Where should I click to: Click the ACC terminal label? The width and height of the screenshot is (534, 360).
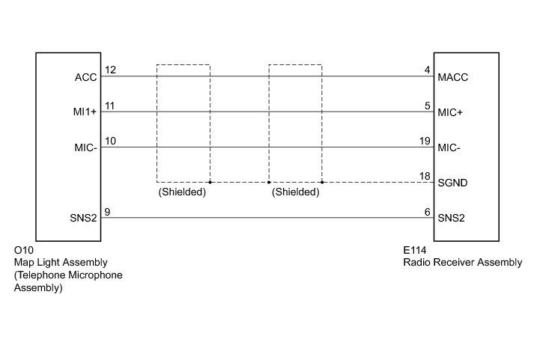85,77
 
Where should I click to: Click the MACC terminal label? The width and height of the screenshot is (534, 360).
454,77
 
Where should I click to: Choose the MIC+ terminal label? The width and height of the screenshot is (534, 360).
452,113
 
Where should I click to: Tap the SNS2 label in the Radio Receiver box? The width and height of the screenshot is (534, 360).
452,219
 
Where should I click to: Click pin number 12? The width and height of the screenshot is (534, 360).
110,70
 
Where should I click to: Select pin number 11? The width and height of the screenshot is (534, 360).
109,106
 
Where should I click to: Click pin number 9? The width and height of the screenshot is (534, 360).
108,213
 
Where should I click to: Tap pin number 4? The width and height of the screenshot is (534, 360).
427,70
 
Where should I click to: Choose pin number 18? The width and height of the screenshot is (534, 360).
425,176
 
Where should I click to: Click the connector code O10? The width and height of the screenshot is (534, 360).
24,251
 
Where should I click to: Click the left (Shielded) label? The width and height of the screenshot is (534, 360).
182,192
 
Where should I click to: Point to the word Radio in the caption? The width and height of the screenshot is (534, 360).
416,263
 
